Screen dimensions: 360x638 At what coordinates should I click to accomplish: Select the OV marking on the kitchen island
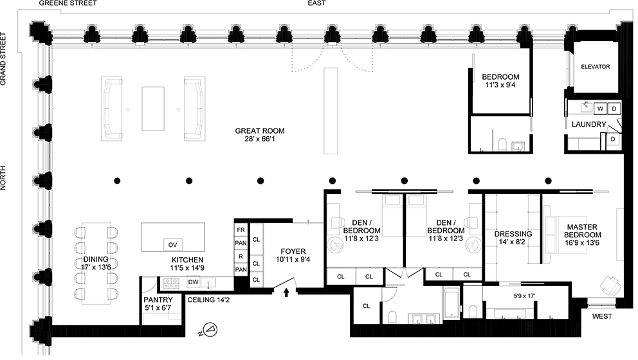pos(172,245)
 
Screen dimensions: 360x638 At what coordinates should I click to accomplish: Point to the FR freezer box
pos(241,230)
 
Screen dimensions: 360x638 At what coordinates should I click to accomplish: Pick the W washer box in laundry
pos(599,108)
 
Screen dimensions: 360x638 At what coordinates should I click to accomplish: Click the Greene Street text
pos(68,4)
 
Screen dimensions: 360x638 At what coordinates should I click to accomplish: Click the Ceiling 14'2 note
pos(206,299)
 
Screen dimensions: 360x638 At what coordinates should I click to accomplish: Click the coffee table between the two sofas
pos(153,109)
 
